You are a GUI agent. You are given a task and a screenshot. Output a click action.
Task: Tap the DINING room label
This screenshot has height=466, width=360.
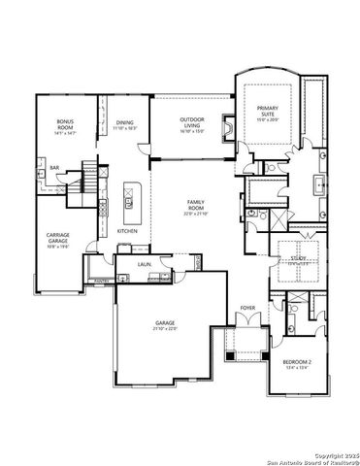click(x=124, y=121)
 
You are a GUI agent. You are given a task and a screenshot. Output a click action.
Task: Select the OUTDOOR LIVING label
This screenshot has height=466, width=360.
click(x=192, y=121)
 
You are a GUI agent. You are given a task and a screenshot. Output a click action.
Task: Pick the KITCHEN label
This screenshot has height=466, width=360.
click(x=127, y=231)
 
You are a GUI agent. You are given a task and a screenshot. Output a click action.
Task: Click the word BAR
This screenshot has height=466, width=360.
click(x=54, y=166)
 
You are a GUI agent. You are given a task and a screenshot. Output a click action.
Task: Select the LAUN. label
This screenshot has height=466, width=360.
click(x=143, y=263)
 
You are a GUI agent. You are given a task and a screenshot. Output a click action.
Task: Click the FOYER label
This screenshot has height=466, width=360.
click(x=247, y=309)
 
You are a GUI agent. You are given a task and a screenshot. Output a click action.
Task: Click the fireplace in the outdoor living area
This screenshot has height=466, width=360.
click(x=227, y=129)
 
